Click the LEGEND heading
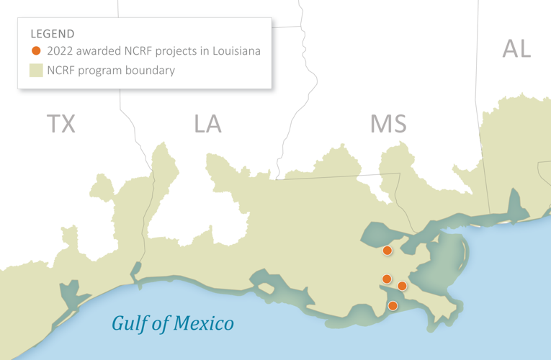pyautogui.click(x=53, y=33)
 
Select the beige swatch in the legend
pyautogui.click(x=36, y=71)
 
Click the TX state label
pyautogui.click(x=61, y=124)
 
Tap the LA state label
pyautogui.click(x=207, y=124)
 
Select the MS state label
pyautogui.click(x=388, y=124)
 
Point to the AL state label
pyautogui.click(x=516, y=49)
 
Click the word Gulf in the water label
pyautogui.click(x=130, y=323)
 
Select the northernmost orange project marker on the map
pyautogui.click(x=388, y=251)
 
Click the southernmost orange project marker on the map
pyautogui.click(x=393, y=306)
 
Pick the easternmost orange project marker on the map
pyautogui.click(x=402, y=286)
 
